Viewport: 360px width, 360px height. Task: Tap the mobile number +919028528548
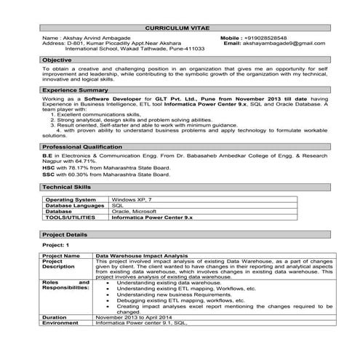[265, 37]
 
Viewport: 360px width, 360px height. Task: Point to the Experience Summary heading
[71, 89]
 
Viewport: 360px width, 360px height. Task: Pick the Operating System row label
[71, 199]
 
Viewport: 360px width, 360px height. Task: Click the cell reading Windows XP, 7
[131, 199]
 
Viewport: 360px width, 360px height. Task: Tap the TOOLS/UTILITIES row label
[71, 217]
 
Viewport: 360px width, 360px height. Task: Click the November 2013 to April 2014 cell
[132, 317]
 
